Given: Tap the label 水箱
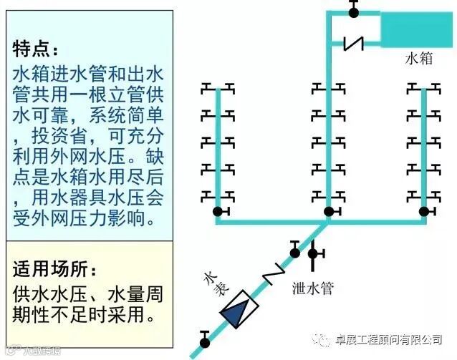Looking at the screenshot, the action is coord(419,59).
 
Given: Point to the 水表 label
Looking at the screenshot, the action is coord(216,285).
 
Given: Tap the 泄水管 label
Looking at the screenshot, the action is coord(313,288).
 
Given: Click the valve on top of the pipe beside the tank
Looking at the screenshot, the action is coord(353,10).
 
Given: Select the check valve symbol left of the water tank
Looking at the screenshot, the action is coord(352,42).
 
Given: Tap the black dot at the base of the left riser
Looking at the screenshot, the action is coord(218,211).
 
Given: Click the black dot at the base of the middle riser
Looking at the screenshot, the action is coord(329,211).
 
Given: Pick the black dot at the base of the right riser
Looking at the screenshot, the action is coord(424,211).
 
